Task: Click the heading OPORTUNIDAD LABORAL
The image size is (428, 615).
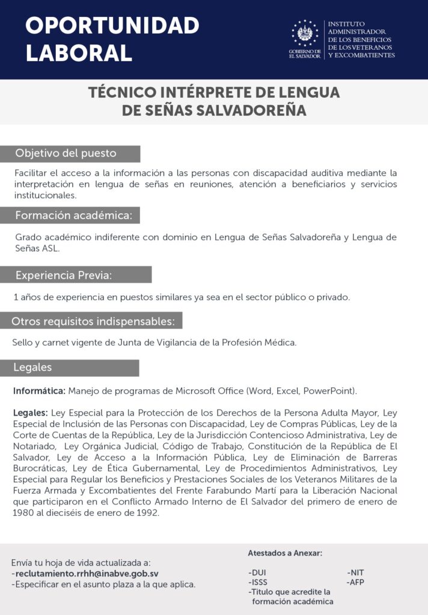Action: point(112,39)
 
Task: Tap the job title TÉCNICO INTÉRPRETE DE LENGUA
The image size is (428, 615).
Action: point(214,93)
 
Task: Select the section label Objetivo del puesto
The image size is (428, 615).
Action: point(66,153)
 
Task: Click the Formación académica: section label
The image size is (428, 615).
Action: point(77,215)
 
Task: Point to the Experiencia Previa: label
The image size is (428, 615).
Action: point(64,275)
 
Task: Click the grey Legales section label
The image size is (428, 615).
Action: point(33,367)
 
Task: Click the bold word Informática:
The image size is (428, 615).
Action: point(39,391)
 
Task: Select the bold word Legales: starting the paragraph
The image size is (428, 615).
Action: point(30,413)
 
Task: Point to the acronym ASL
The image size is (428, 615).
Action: point(50,248)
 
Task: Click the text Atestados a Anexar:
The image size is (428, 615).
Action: point(285,553)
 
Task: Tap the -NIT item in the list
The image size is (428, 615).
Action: point(356,572)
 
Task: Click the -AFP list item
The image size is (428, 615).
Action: point(355,582)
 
